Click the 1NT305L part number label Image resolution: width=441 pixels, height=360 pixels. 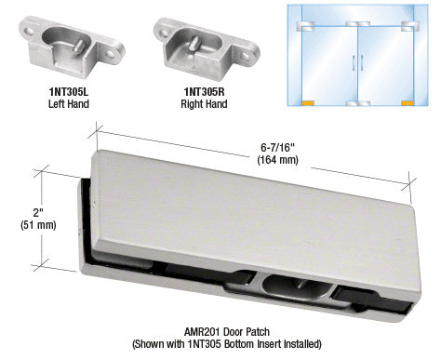pyautogui.click(x=69, y=92)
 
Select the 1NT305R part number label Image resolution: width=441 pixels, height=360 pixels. pyautogui.click(x=204, y=92)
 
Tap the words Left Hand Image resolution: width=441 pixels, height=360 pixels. pyautogui.click(x=69, y=103)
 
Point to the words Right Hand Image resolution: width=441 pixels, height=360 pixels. pyautogui.click(x=204, y=103)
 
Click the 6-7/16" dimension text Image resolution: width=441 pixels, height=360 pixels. pyautogui.click(x=277, y=147)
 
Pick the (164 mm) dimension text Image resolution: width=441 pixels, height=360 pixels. pyautogui.click(x=277, y=160)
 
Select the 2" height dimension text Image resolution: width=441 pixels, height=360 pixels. pyautogui.click(x=38, y=213)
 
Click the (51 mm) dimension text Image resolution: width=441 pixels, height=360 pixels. pyautogui.click(x=38, y=225)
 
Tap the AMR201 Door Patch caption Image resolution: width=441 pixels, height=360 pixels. pyautogui.click(x=227, y=332)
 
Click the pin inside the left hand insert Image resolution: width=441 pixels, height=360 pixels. pyautogui.click(x=78, y=44)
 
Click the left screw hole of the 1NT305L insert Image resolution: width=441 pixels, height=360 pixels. pyautogui.click(x=30, y=31)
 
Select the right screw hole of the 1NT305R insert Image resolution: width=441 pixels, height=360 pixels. pyautogui.click(x=245, y=56)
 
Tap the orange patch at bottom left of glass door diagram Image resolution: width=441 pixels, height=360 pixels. pyautogui.click(x=308, y=103)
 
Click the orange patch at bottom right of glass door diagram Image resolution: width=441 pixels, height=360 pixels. pyautogui.click(x=408, y=103)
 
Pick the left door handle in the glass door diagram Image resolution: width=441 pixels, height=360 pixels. pyautogui.click(x=354, y=61)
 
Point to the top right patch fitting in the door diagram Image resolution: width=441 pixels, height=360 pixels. pyautogui.click(x=410, y=26)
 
